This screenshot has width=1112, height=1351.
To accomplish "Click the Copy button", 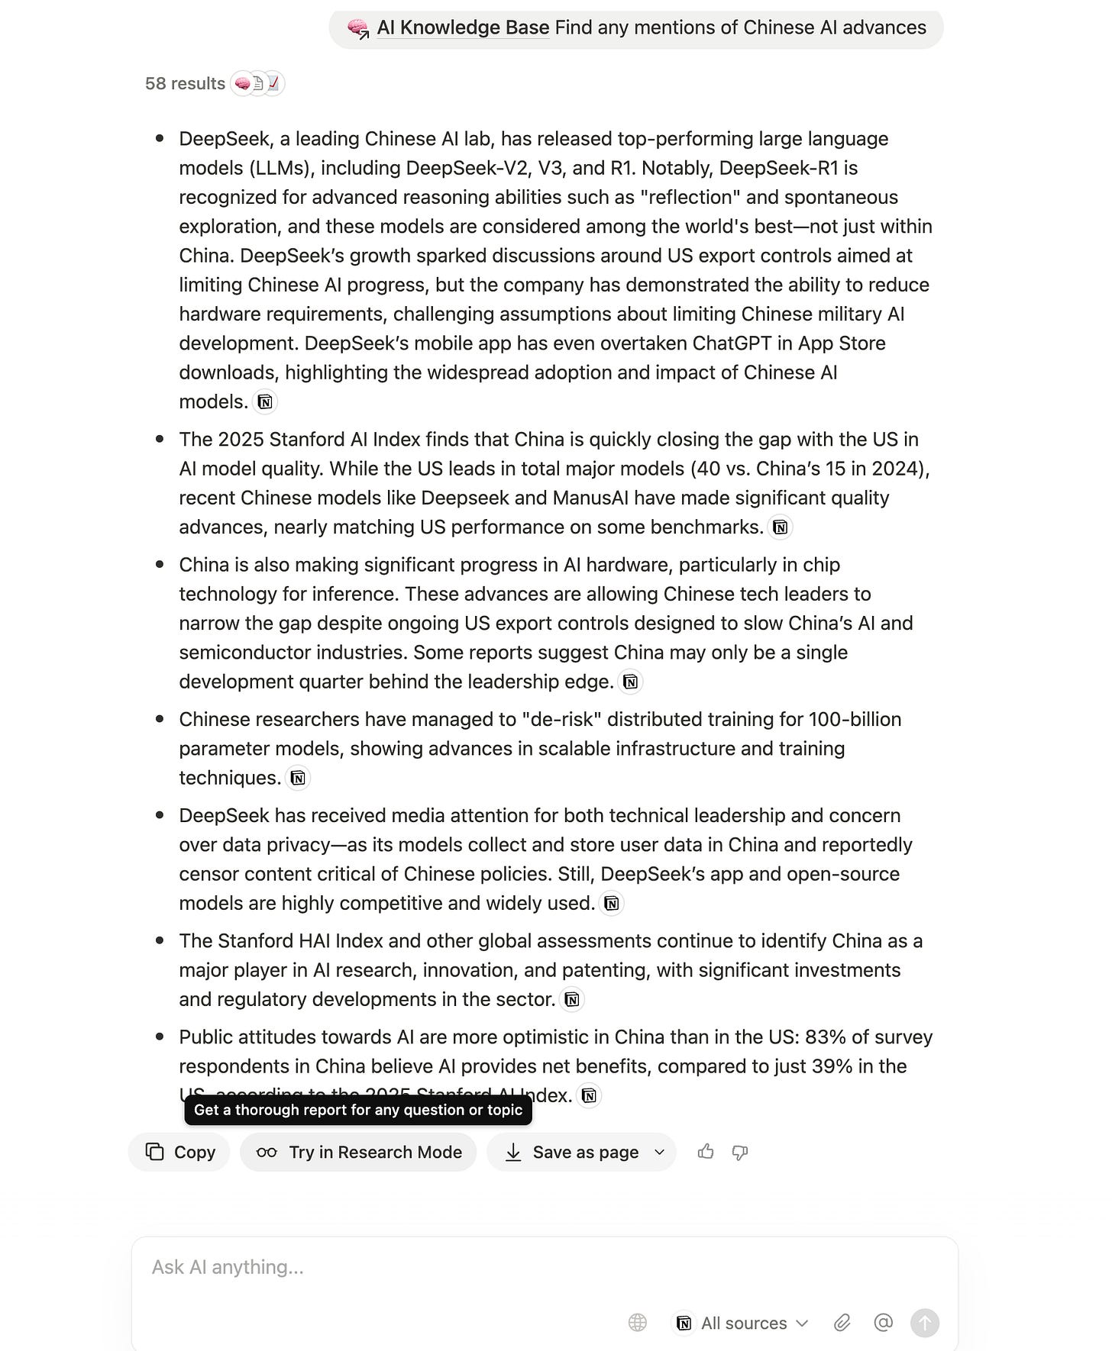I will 179,1152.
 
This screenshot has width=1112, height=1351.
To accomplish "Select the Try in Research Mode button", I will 358,1152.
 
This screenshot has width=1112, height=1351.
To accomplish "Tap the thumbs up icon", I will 706,1151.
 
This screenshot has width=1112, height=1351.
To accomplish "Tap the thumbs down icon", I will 739,1152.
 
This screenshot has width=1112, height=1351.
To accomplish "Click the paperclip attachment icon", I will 842,1323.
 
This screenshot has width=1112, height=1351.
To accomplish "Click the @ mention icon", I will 883,1322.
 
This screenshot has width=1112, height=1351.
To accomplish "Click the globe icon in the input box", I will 638,1323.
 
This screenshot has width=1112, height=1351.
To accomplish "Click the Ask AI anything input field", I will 458,1267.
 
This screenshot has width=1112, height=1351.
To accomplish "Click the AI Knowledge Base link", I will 463,27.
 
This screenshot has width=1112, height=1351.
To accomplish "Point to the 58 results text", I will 185,83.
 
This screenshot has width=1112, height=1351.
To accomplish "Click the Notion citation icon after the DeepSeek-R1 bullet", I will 265,401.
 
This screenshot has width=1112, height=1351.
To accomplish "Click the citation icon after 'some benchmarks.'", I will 780,527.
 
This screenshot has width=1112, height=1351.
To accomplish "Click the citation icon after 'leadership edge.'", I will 630,682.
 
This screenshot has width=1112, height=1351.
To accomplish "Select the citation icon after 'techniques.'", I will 298,778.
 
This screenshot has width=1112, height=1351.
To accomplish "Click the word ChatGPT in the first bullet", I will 732,343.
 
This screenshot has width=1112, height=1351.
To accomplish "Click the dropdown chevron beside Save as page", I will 660,1152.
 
